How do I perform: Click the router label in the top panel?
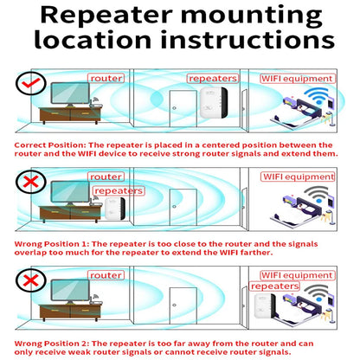[106, 78]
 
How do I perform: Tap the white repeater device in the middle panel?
[112, 209]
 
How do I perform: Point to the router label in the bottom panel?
[106, 275]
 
